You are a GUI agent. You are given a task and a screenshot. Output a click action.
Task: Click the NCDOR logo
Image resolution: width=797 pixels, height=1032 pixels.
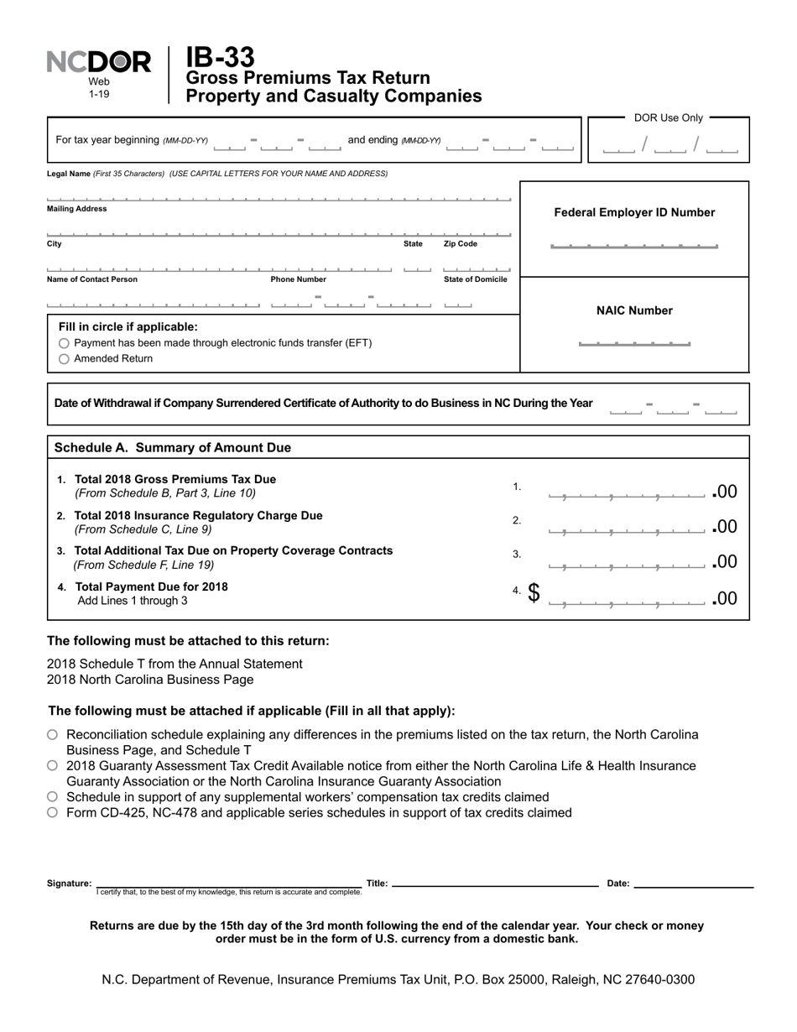pos(98,63)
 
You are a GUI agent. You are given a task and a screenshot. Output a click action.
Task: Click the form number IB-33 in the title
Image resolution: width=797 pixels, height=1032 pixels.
pos(220,58)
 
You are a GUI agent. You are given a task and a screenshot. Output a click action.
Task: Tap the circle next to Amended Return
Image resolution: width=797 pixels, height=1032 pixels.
pos(65,359)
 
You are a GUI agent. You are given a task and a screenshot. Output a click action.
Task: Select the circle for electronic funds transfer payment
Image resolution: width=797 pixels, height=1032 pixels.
pos(65,344)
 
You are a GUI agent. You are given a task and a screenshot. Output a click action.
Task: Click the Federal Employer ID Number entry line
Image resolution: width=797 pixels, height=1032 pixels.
pos(633,246)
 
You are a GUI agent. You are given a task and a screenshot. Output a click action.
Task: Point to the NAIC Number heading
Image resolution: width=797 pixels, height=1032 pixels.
pos(634,310)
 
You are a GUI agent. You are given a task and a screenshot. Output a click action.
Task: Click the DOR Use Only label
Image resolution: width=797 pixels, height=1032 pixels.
pos(669,118)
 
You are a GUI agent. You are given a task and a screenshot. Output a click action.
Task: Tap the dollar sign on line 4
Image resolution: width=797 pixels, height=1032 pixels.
pos(534,593)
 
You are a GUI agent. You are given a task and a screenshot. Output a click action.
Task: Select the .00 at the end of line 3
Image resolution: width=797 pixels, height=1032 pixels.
pos(725,561)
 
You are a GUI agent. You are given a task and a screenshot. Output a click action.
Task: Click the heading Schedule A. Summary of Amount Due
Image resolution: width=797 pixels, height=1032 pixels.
pos(172,448)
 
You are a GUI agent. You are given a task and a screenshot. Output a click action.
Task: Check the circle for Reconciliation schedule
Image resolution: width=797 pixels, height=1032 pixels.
pos(53,735)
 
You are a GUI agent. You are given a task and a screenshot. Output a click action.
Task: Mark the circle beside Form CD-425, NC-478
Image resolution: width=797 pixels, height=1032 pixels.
pos(53,813)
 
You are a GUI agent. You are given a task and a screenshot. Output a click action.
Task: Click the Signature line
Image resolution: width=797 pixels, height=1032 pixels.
pos(228,883)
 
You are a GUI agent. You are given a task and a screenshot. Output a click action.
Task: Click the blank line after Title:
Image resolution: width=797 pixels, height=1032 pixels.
pos(495,883)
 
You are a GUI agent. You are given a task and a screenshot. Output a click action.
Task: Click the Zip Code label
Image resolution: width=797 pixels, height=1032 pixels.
pos(461,244)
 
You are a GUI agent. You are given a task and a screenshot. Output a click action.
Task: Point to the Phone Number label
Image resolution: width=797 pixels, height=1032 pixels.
pos(298,279)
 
